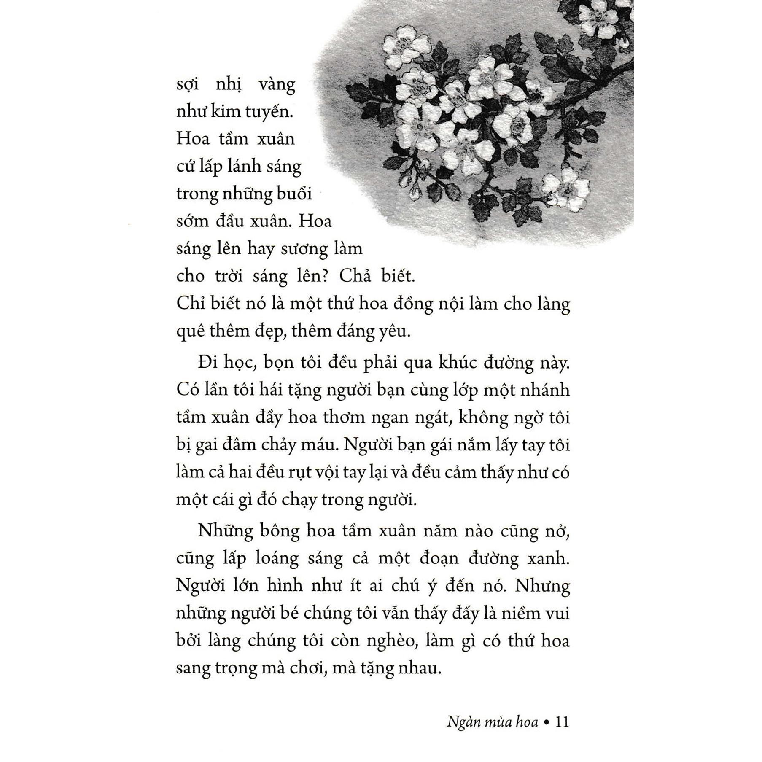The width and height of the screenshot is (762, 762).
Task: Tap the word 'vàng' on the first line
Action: (x=277, y=85)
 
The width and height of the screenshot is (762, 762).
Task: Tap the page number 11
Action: (x=563, y=722)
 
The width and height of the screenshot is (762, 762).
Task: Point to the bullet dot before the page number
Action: (x=547, y=722)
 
